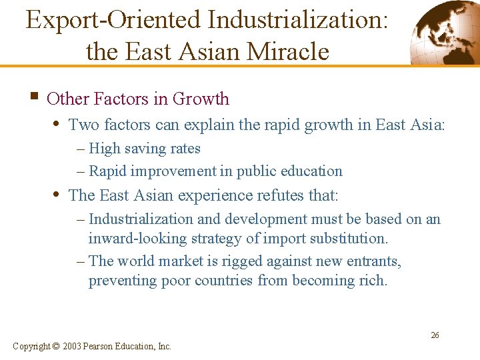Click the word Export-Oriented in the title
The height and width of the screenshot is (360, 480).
coord(113,19)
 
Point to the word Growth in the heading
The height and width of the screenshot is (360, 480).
coord(201,99)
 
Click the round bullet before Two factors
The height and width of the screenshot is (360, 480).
coord(58,123)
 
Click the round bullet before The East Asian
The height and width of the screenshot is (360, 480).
coord(58,195)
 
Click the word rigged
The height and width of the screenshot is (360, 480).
coord(219,261)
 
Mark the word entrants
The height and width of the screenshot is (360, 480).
coord(373,261)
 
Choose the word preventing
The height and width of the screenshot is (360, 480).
coord(123,280)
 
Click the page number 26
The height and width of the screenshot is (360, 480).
coord(435,335)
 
